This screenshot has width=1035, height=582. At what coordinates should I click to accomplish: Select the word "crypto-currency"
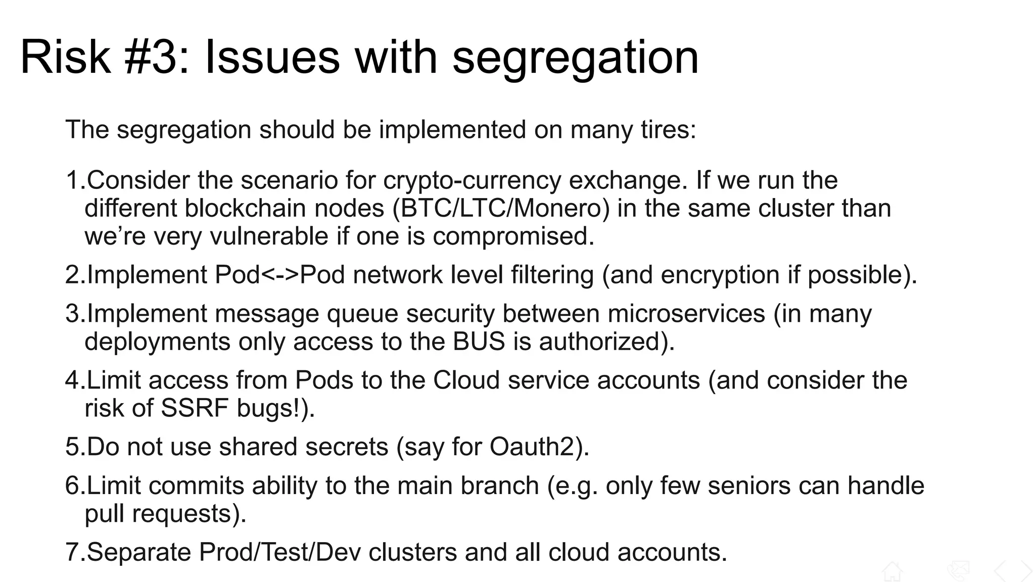click(x=472, y=180)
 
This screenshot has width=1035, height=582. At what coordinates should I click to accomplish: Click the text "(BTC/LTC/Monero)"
click(x=501, y=208)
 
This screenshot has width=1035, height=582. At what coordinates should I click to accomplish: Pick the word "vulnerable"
click(x=269, y=236)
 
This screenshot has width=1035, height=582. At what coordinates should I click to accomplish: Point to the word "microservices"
click(x=686, y=313)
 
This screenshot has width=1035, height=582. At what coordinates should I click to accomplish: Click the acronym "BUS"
click(x=479, y=342)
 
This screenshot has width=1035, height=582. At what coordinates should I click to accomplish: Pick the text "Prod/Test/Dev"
click(x=279, y=552)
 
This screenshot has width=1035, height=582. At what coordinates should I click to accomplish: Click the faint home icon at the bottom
click(x=892, y=571)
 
